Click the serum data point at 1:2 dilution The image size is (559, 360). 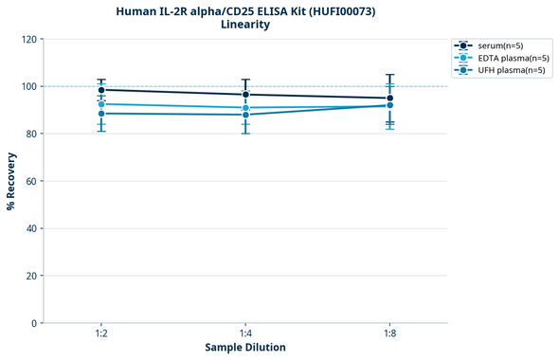(101, 90)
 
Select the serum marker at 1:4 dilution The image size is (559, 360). (245, 95)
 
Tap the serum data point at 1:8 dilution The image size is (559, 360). (389, 99)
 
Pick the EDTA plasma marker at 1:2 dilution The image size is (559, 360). (101, 104)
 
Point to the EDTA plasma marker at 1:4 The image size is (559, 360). (245, 108)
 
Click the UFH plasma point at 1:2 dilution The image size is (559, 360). (101, 114)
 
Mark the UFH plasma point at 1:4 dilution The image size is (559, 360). (245, 115)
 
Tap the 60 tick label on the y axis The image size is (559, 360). (31, 181)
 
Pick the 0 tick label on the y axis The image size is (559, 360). (34, 323)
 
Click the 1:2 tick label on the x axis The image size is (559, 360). (101, 334)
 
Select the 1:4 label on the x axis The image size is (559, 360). (245, 334)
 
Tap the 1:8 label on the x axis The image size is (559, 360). (389, 334)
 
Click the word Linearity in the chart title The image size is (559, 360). (245, 25)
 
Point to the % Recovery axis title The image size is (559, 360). (11, 181)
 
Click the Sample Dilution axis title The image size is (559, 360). (245, 348)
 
